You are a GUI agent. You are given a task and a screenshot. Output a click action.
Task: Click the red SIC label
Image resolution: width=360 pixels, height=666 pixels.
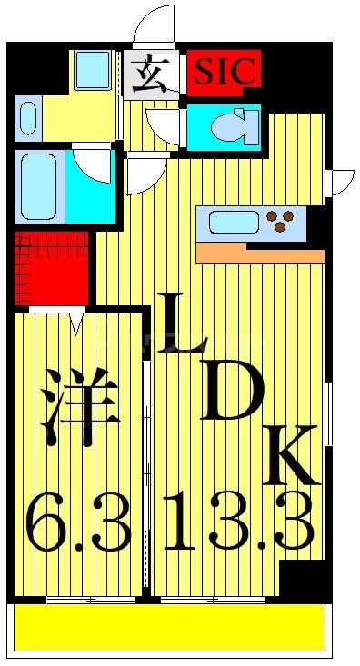coord(225,70)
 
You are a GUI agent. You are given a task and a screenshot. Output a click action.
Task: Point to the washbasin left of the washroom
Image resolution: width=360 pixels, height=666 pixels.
coord(26,119)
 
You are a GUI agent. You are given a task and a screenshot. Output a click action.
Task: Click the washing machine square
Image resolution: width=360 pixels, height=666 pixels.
coord(92,69)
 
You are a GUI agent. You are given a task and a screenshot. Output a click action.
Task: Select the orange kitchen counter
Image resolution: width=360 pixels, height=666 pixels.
coord(259,253)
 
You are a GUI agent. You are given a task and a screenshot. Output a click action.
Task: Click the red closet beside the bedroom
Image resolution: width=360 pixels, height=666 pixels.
coord(51,269)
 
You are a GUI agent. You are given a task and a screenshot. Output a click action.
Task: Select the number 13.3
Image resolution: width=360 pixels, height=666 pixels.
coord(239,524)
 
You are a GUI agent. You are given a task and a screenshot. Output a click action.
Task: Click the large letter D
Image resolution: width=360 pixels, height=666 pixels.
coord(232,393)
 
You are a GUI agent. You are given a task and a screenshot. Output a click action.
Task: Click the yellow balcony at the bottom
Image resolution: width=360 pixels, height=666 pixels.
coord(169,627)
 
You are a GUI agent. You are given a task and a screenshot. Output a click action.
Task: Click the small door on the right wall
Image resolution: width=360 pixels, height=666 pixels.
coord(341,182)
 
